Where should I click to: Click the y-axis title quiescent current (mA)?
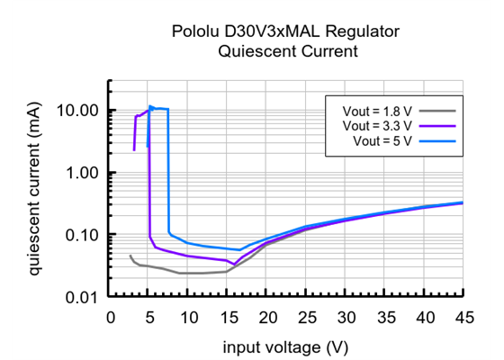[x=34, y=188]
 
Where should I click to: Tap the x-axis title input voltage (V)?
[x=287, y=346]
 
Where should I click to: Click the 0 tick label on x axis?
[x=111, y=317]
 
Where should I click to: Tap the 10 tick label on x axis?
[x=189, y=317]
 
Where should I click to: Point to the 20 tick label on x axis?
[x=267, y=317]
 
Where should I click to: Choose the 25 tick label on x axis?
[x=307, y=317]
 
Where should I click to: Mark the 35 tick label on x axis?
[x=385, y=317]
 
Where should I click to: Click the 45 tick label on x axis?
[x=463, y=317]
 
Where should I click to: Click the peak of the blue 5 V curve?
[x=151, y=106]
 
